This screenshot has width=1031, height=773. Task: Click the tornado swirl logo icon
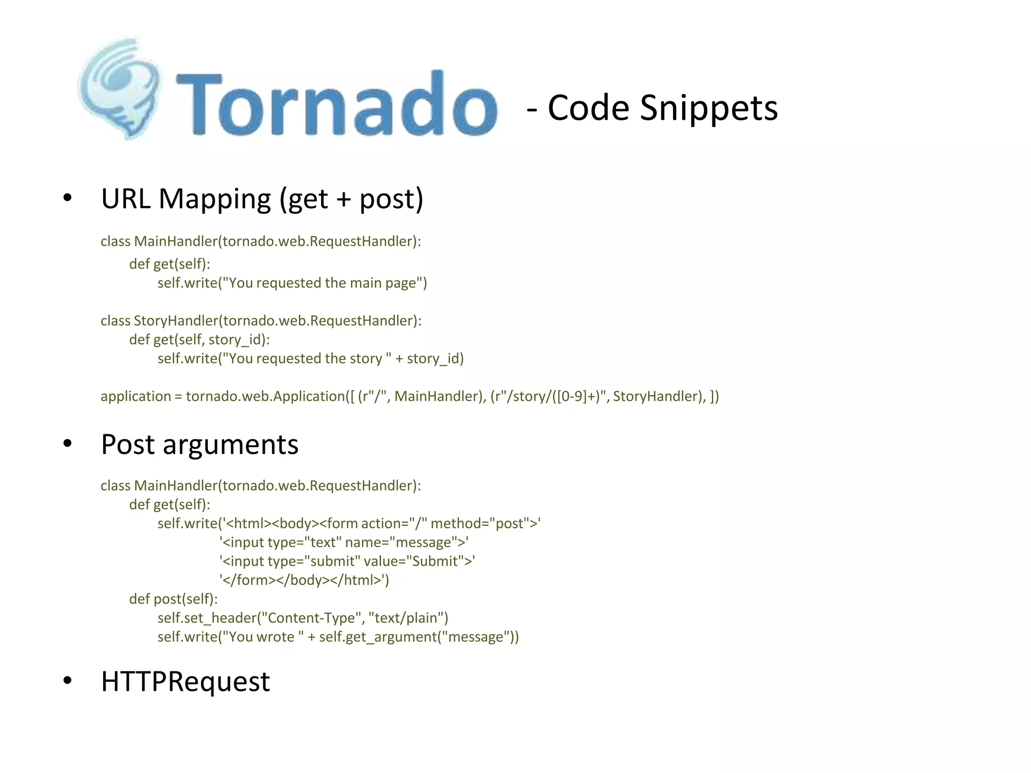click(120, 88)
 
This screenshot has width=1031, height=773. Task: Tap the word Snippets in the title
click(708, 108)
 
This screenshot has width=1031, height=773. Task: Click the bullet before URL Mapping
click(67, 198)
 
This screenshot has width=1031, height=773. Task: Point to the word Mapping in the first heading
click(215, 199)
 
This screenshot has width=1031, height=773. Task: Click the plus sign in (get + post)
click(344, 199)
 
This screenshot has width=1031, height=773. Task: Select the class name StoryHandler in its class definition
click(176, 321)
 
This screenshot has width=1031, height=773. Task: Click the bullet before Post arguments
click(67, 444)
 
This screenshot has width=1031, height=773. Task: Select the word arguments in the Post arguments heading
click(231, 445)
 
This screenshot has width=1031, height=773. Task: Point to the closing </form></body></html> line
click(304, 580)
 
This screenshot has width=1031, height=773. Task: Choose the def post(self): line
click(173, 599)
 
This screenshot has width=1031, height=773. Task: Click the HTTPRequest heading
click(185, 682)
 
